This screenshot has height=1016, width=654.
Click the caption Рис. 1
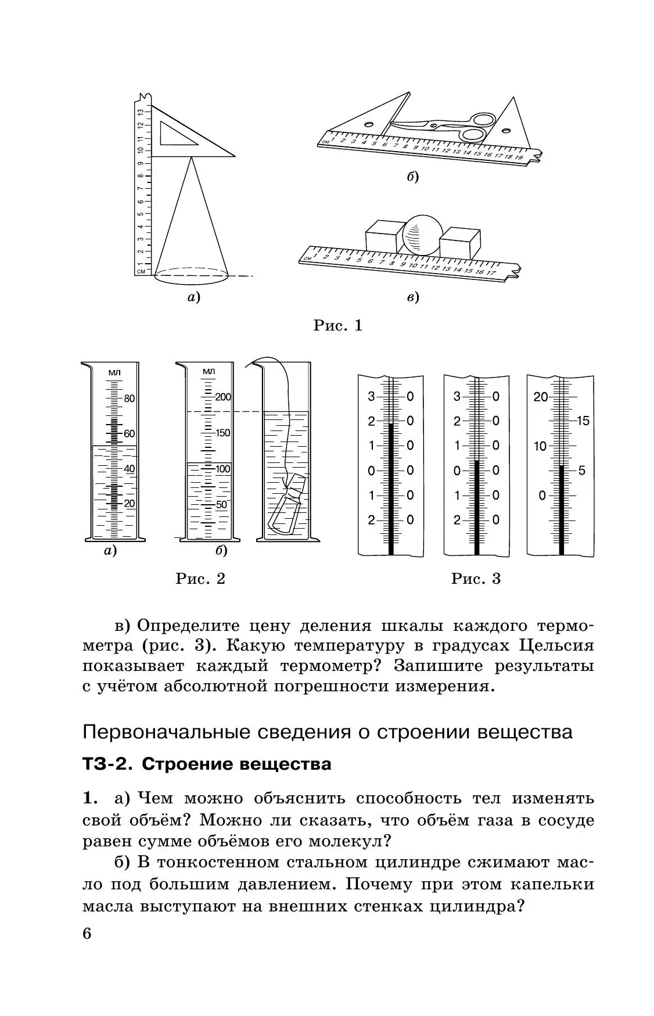337,326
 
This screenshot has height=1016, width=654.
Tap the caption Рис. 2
200,579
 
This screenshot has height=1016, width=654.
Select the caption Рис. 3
476,579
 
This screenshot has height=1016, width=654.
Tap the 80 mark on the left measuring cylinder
129,398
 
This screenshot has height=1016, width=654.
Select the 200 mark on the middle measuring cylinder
223,397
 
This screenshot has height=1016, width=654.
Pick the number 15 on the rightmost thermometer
583,421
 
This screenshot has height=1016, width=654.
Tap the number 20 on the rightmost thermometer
541,397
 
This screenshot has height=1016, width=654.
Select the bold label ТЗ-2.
107,764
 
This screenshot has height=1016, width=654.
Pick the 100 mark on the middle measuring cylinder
222,469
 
